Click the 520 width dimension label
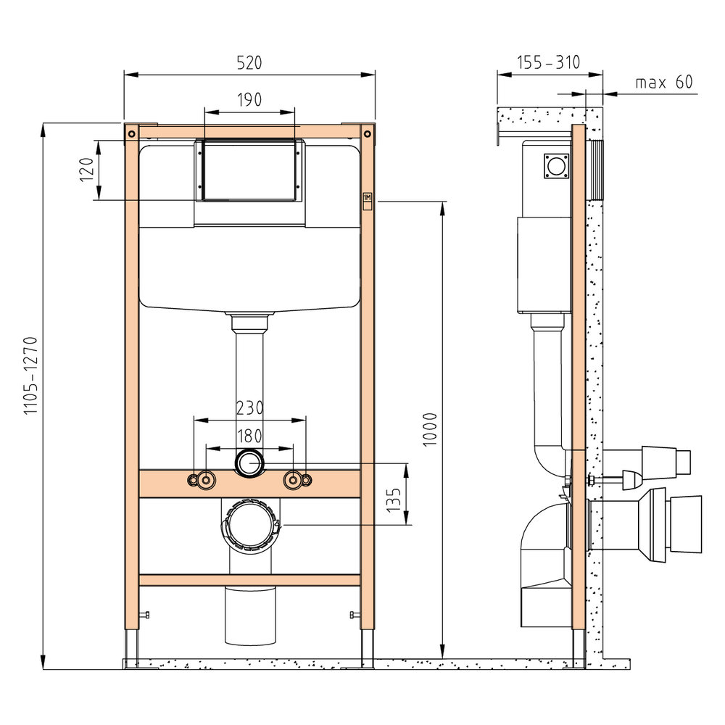coord(249,62)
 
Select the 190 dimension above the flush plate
coord(249,99)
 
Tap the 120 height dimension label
coord(86,170)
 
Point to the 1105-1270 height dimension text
coord(30,376)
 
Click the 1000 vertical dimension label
coord(430,429)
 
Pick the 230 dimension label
coord(249,407)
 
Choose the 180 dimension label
coord(249,436)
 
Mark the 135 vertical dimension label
coord(394,500)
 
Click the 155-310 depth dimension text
coord(548,62)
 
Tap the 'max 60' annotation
coord(664,83)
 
